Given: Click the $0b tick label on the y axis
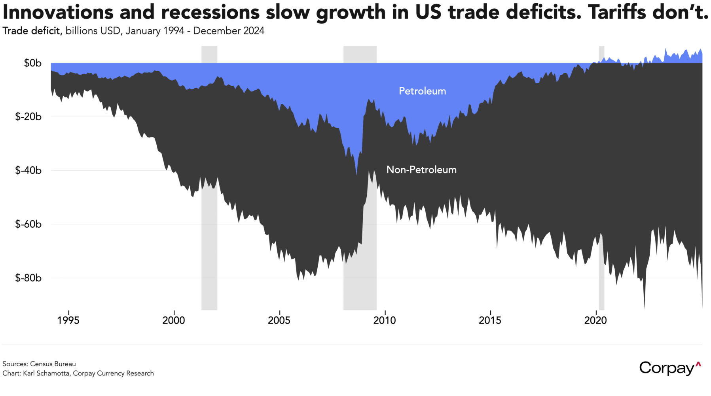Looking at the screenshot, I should point(33,63).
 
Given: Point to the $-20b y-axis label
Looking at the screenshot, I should point(28,117).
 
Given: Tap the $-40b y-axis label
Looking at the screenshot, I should point(28,170).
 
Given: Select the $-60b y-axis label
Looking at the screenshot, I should point(28,224).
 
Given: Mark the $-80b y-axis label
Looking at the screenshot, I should point(28,278).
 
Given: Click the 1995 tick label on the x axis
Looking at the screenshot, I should point(68,320).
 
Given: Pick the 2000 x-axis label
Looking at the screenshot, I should point(174,320).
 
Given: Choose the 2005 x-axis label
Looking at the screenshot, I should point(279,320).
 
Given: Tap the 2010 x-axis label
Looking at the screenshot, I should point(385,320).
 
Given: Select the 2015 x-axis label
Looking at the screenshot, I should point(490,320).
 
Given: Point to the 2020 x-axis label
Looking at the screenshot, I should point(595,320).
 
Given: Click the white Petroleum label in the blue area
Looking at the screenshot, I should point(422,91).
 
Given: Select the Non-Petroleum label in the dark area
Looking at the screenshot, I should point(421,170).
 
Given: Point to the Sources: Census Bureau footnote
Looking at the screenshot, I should point(39,364).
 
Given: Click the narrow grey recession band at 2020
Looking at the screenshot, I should point(601,178).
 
